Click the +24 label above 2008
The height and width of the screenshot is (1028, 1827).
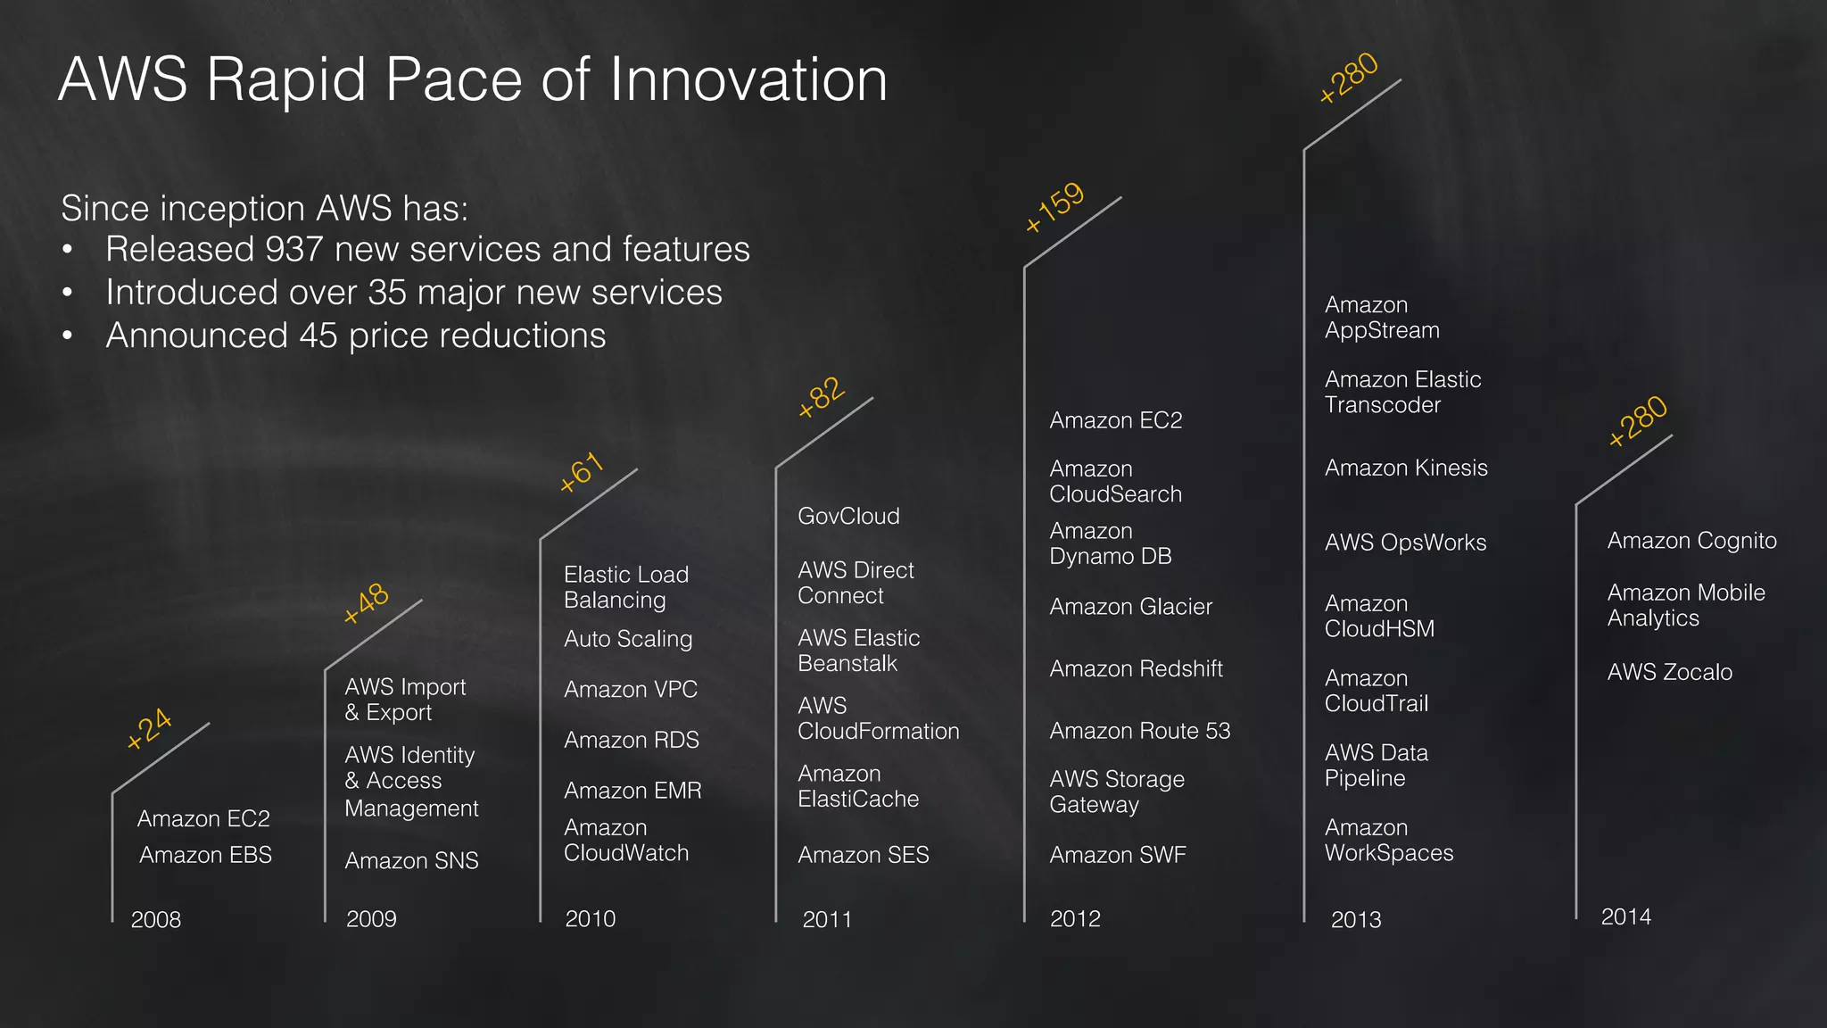[x=149, y=728]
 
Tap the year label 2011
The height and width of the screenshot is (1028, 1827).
[x=826, y=919]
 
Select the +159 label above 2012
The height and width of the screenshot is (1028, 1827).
[x=1054, y=207]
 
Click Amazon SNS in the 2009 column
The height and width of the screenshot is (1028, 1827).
[x=411, y=860]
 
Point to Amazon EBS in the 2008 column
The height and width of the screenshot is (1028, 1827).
[x=205, y=855]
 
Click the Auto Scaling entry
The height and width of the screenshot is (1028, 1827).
[x=628, y=639]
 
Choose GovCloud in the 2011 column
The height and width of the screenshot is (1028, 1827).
[x=848, y=516]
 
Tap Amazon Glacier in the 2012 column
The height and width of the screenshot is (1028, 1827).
[x=1130, y=607]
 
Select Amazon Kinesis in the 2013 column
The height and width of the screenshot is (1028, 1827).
[x=1406, y=468]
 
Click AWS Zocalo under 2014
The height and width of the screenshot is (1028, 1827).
[x=1669, y=672]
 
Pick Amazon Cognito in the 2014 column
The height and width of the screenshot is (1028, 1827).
[x=1691, y=541]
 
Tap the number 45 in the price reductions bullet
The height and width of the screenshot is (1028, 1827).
[x=318, y=336]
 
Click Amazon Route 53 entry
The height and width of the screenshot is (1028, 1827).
[x=1139, y=731]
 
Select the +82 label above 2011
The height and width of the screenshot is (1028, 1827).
[x=821, y=397]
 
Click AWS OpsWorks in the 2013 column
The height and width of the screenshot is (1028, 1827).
[x=1405, y=543]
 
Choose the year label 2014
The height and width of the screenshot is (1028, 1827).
[x=1625, y=916]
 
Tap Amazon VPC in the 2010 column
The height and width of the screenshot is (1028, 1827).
[x=631, y=689]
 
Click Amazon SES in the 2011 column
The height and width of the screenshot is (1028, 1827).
[x=863, y=855]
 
